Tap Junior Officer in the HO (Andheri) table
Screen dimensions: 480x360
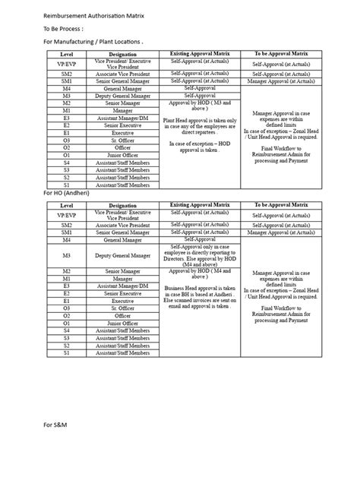click(x=123, y=324)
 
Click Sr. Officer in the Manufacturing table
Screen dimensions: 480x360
click(x=123, y=140)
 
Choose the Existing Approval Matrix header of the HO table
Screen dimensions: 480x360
click(x=199, y=205)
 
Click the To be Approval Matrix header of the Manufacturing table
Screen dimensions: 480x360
click(x=283, y=54)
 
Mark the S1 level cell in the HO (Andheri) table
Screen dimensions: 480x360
click(x=66, y=353)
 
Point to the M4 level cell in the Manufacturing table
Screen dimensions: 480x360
click(x=66, y=88)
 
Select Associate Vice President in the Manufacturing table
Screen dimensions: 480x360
click(x=123, y=74)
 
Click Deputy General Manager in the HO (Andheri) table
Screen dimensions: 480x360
click(x=123, y=257)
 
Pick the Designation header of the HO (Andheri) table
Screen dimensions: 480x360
click(x=123, y=205)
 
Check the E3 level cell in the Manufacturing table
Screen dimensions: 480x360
click(x=66, y=118)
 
